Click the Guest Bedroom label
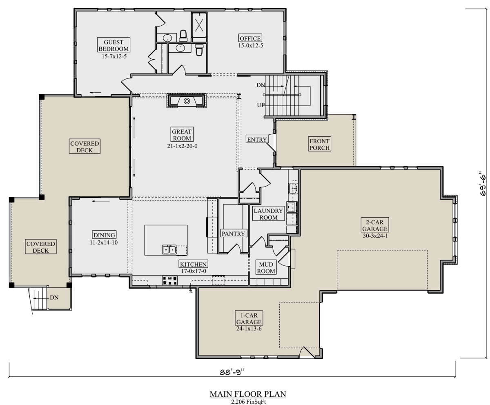click(x=114, y=45)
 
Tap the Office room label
click(x=250, y=38)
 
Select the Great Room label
click(x=182, y=134)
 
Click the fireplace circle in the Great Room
click(x=187, y=101)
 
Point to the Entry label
click(x=257, y=139)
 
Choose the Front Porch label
click(x=319, y=144)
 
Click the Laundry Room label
click(x=268, y=214)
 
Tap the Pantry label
click(x=233, y=234)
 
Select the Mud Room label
click(x=266, y=267)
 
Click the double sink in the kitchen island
click(x=169, y=249)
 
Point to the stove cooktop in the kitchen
click(x=170, y=280)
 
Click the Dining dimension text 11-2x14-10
click(x=104, y=243)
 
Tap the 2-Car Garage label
click(x=375, y=225)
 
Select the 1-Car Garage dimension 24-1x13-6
click(x=249, y=329)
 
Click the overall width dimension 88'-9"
click(x=232, y=372)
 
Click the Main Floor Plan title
click(x=248, y=394)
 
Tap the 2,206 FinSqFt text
click(x=249, y=402)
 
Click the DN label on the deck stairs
click(x=54, y=298)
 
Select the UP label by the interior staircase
click(x=261, y=105)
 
